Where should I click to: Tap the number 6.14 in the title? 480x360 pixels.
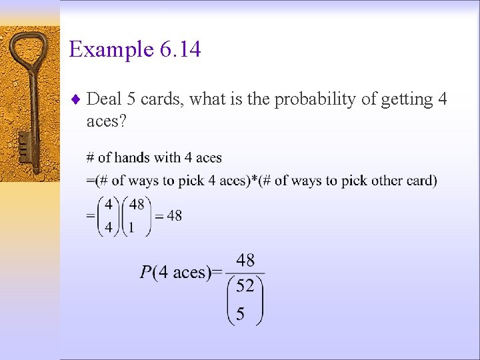pos(179,49)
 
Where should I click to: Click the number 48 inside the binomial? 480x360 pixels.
pos(136,204)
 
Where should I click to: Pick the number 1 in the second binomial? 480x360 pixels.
pos(131,227)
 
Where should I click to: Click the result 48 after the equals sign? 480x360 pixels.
pos(174,215)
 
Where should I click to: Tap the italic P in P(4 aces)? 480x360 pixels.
pos(145,272)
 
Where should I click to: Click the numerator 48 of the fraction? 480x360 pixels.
pos(245,260)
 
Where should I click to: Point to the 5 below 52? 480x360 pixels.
pos(240,313)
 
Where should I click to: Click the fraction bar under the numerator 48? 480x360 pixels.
pos(245,273)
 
